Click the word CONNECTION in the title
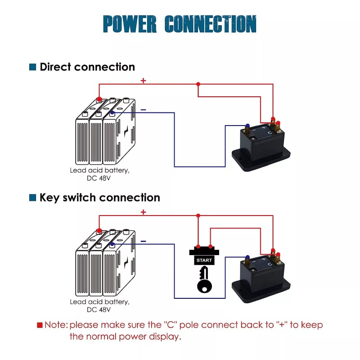pyautogui.click(x=211, y=24)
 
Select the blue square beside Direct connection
pyautogui.click(x=32, y=67)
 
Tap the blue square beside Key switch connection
pyautogui.click(x=32, y=198)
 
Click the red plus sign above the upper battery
pyautogui.click(x=143, y=81)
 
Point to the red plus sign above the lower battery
pyautogui.click(x=143, y=212)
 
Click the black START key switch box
pyautogui.click(x=204, y=260)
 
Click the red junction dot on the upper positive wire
pyautogui.click(x=198, y=84)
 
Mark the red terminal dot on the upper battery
pyautogui.click(x=99, y=99)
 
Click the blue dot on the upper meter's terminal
pyautogui.click(x=247, y=126)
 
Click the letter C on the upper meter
pyautogui.click(x=269, y=133)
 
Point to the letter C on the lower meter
pyautogui.click(x=269, y=264)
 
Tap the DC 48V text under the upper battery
pyautogui.click(x=99, y=178)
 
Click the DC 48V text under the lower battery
pyautogui.click(x=99, y=310)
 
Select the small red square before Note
pyautogui.click(x=40, y=325)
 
